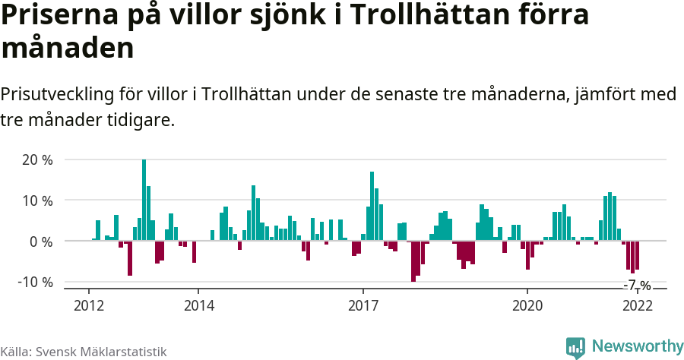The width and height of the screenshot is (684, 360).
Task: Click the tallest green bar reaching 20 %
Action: (144, 200)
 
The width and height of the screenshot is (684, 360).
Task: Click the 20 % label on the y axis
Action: (37, 160)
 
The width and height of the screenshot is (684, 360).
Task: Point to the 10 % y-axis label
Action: (37, 201)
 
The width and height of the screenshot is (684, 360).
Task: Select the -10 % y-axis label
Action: (35, 282)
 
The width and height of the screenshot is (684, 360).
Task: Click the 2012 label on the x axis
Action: (89, 305)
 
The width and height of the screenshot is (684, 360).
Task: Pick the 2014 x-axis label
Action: (198, 305)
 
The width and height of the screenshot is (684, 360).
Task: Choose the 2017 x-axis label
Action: (363, 305)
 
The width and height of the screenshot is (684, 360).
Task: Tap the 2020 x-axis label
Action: (527, 305)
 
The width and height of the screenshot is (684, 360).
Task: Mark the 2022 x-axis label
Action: (637, 305)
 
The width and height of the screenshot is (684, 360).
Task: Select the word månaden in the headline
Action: (68, 48)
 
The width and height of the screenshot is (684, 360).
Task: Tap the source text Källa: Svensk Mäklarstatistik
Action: (84, 352)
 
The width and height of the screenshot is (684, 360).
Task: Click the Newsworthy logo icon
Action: (575, 347)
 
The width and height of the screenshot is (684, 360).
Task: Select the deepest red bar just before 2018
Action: (413, 261)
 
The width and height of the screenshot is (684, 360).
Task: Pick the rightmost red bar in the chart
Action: (637, 255)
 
